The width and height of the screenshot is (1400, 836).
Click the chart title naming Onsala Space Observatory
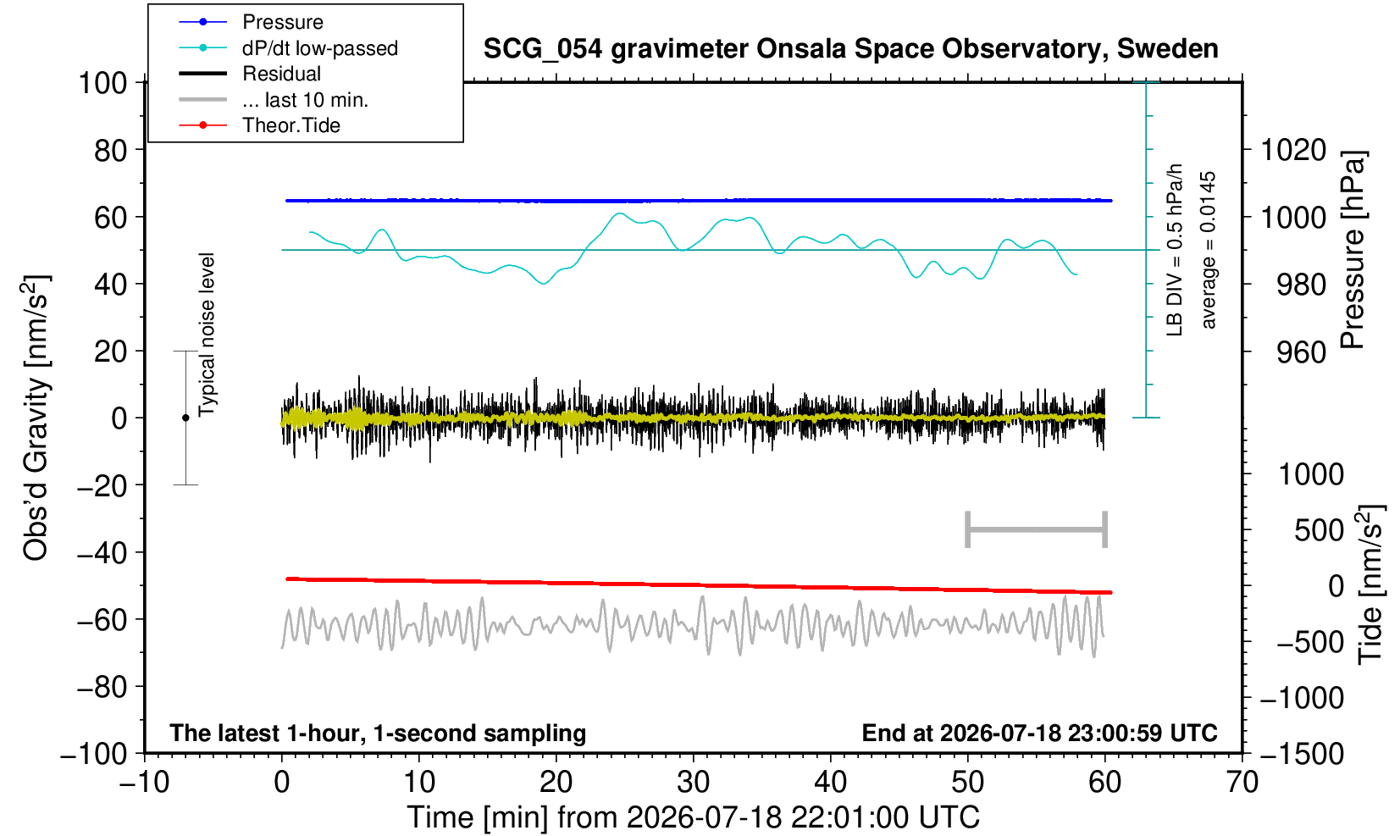[x=850, y=48]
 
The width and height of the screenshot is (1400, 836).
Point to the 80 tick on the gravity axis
[x=111, y=151]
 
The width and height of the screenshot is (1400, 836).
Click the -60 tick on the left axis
[x=102, y=620]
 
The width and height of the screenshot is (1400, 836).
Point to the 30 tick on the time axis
[x=693, y=782]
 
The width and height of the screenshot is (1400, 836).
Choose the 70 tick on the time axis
[x=1242, y=782]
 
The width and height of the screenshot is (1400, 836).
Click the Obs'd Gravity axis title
[x=36, y=418]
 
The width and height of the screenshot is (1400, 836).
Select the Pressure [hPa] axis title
[x=1353, y=250]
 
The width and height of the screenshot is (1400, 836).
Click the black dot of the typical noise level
[x=185, y=418]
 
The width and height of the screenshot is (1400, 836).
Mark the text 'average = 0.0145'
[x=1208, y=250]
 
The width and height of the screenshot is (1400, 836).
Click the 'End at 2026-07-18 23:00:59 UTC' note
[x=1039, y=733]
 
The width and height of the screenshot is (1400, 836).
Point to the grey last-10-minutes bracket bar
[x=1037, y=529]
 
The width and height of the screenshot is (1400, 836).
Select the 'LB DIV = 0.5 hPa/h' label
[x=1175, y=250]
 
